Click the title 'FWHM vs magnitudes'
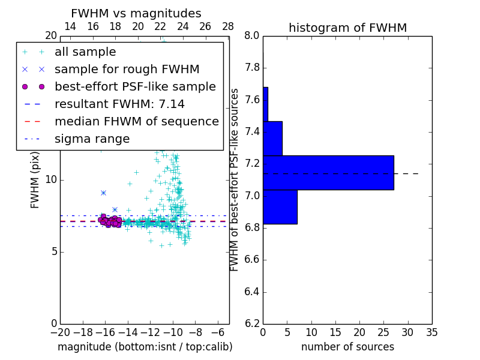pyautogui.click(x=136, y=13)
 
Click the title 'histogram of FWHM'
pyautogui.click(x=347, y=28)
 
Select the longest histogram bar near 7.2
pyautogui.click(x=328, y=173)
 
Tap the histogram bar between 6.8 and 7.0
pyautogui.click(x=280, y=207)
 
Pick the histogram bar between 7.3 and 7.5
pyautogui.click(x=272, y=139)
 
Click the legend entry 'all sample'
pyautogui.click(x=85, y=52)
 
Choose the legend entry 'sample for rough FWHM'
pyautogui.click(x=127, y=69)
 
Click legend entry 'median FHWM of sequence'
pyautogui.click(x=137, y=121)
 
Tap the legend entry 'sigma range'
pyautogui.click(x=92, y=139)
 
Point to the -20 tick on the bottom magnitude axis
pyautogui.click(x=60, y=332)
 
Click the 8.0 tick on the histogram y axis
pyautogui.click(x=252, y=36)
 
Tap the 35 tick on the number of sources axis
pyautogui.click(x=431, y=332)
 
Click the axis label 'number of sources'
pyautogui.click(x=347, y=347)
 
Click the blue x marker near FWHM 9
pyautogui.click(x=103, y=193)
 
